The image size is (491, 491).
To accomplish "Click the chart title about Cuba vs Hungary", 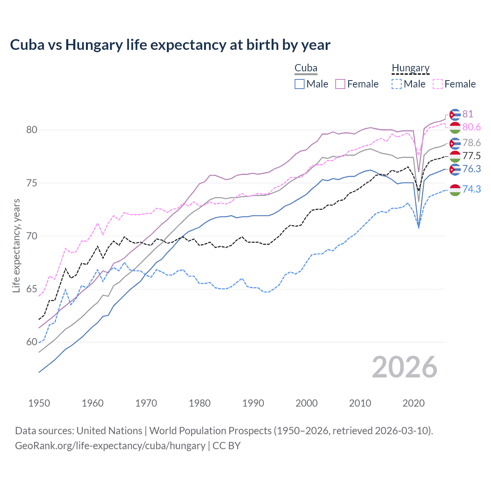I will point(170,45).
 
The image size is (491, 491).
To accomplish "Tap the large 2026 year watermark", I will point(405,367).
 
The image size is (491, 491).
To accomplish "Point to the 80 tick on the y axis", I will point(32,130).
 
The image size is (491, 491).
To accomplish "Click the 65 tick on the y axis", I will point(32,289).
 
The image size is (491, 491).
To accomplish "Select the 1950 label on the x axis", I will point(39,403).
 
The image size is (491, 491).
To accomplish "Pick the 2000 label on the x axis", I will point(306,403).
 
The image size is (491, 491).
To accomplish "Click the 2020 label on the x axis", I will point(414,403).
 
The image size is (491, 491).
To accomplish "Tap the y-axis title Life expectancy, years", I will point(16,245).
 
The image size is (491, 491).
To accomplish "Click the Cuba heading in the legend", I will point(306,68).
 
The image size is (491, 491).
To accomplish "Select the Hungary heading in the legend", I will point(410,68).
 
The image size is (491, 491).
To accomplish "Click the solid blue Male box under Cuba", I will point(300,84).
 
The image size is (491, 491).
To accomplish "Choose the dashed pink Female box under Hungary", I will point(438,84).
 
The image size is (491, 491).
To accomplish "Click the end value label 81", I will point(468,114).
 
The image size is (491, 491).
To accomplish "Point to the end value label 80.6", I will point(471,127).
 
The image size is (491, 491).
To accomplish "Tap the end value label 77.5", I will point(471,156).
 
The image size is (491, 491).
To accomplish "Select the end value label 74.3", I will point(471,189).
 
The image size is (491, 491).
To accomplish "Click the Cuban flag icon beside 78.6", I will point(455,143).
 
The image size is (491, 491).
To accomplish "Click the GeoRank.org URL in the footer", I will point(110,446).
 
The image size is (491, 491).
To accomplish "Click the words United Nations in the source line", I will point(109,431).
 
